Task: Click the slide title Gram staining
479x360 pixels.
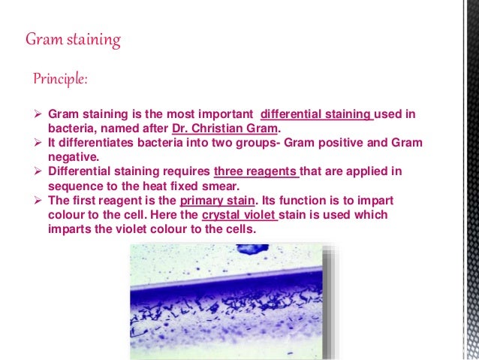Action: (x=73, y=39)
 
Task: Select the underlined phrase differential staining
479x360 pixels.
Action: (x=316, y=114)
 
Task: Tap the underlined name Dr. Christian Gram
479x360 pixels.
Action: (x=224, y=128)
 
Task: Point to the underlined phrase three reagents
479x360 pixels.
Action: (x=256, y=171)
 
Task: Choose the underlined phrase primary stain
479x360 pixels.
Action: (x=217, y=201)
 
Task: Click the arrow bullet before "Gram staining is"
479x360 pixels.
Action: (x=40, y=114)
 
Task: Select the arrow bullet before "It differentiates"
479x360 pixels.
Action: (x=40, y=143)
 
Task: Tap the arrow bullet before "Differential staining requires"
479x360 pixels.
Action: (x=40, y=171)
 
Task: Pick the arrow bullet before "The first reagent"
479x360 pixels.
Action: (x=40, y=201)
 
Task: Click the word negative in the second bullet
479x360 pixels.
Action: (x=72, y=157)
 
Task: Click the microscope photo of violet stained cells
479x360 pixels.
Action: (x=233, y=301)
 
